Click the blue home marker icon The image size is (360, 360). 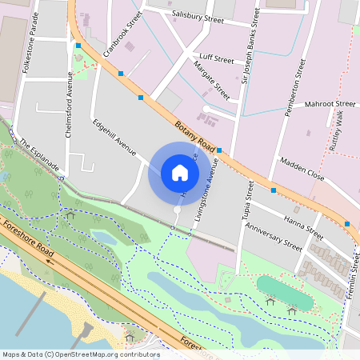[180, 173]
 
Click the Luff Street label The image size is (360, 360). [218, 59]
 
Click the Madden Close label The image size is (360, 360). [302, 169]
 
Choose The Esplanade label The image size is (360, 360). [40, 154]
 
